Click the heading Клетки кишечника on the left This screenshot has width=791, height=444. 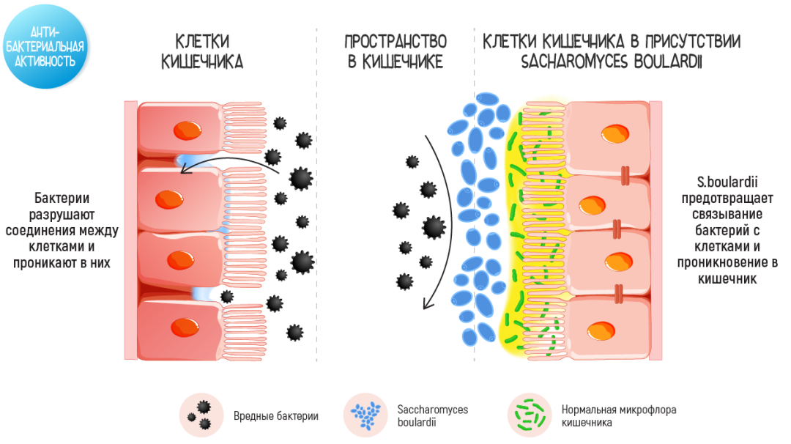[202, 51]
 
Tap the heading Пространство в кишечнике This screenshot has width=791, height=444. [395, 51]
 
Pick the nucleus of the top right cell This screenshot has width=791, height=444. [614, 135]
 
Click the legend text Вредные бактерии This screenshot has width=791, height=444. [275, 417]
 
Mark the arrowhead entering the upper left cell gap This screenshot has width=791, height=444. [185, 171]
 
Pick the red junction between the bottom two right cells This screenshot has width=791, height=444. [621, 295]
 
